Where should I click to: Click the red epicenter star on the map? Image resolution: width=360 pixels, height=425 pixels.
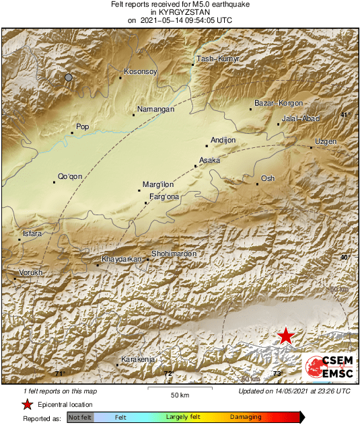click(286, 336)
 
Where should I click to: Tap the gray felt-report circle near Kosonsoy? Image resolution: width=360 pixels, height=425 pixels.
click(68, 78)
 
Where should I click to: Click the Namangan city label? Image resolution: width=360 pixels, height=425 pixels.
click(155, 109)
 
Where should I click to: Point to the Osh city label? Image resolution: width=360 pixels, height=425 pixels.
click(268, 178)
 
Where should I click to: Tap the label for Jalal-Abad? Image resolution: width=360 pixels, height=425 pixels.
click(300, 118)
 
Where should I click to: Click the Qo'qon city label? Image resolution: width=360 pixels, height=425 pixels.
click(70, 176)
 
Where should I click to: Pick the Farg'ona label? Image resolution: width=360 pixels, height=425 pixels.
click(164, 196)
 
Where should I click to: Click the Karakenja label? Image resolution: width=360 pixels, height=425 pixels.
click(137, 360)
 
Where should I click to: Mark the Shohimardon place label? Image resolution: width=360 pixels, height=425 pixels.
click(174, 254)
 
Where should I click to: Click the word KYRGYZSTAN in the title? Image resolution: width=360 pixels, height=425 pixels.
click(180, 12)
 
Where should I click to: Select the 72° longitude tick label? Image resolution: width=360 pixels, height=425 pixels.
click(168, 374)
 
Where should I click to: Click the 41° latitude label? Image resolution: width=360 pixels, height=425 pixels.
click(345, 115)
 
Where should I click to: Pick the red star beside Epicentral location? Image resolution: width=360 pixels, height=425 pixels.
click(28, 404)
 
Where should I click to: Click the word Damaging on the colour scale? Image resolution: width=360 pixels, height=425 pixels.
click(246, 418)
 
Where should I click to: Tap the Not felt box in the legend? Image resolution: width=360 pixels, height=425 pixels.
click(80, 418)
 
